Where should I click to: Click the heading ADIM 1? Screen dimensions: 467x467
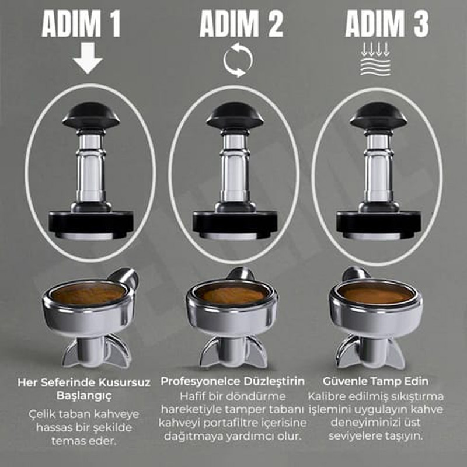(x=81, y=24)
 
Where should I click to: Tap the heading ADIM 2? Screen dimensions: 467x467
(x=241, y=24)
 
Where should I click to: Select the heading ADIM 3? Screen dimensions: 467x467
(x=387, y=24)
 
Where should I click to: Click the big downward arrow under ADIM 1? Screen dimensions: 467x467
(x=88, y=58)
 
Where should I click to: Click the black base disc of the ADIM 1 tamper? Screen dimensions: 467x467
(x=91, y=224)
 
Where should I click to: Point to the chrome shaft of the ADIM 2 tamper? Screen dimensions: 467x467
(x=235, y=167)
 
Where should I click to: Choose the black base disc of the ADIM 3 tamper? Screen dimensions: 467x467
(x=378, y=224)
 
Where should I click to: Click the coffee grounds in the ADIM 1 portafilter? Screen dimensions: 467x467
(x=88, y=294)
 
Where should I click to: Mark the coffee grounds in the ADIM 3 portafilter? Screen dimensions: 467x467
(x=376, y=294)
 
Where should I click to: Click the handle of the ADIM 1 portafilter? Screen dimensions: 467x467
(x=124, y=276)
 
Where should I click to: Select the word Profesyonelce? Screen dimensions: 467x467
(x=200, y=381)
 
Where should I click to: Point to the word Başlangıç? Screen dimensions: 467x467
(x=84, y=396)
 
